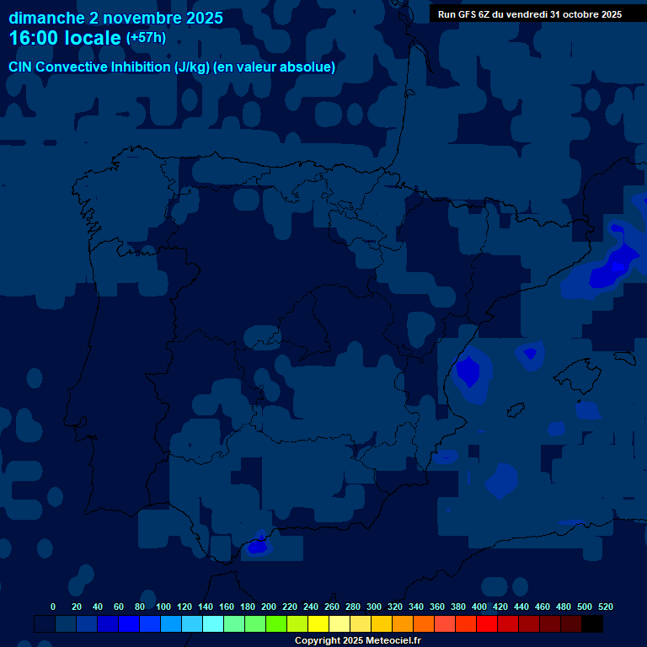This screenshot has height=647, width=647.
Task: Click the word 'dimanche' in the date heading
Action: point(46,18)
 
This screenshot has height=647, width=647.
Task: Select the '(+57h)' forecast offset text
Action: point(146,38)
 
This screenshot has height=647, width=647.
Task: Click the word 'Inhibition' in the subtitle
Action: point(141,67)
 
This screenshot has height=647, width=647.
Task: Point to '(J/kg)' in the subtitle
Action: point(194,67)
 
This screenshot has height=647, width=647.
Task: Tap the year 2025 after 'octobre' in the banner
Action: point(607,14)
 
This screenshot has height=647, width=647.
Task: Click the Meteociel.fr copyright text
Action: point(357,641)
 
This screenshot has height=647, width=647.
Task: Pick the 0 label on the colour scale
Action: point(53,607)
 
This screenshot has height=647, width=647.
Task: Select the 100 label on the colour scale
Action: point(163,607)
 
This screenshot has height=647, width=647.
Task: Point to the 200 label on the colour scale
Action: point(269,607)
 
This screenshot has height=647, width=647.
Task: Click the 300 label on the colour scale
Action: point(374,607)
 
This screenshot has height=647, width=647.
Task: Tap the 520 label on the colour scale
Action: point(605,607)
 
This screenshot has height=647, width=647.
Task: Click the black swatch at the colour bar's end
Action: point(591,623)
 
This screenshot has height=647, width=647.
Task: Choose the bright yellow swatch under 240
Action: point(318,623)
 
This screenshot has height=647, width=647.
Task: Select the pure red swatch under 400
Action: point(486,623)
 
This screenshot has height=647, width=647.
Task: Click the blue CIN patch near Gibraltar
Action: point(258,546)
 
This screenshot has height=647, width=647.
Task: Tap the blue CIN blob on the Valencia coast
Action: point(468,371)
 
